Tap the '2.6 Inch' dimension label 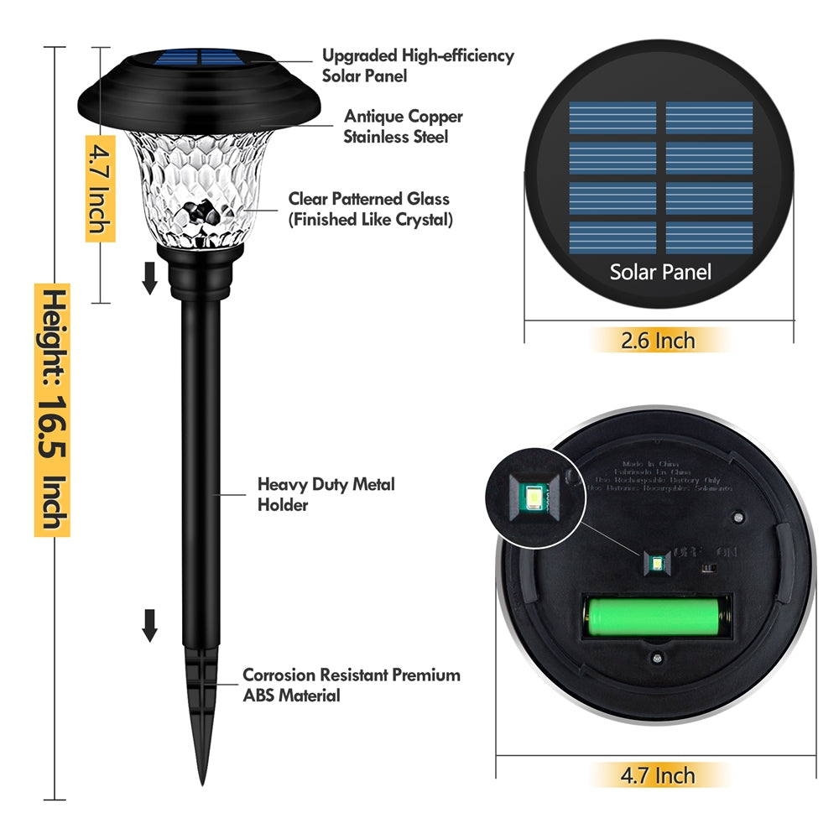[x=658, y=340]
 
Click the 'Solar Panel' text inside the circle [x=660, y=272]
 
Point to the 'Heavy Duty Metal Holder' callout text [x=326, y=494]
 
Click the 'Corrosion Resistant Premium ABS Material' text [x=351, y=685]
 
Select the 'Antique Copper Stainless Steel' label [x=403, y=127]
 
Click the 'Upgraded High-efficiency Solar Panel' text [x=418, y=65]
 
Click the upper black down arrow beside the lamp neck [x=149, y=278]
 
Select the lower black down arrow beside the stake [x=149, y=625]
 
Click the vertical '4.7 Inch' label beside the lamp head [x=100, y=188]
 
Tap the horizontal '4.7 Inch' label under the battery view [x=657, y=774]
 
